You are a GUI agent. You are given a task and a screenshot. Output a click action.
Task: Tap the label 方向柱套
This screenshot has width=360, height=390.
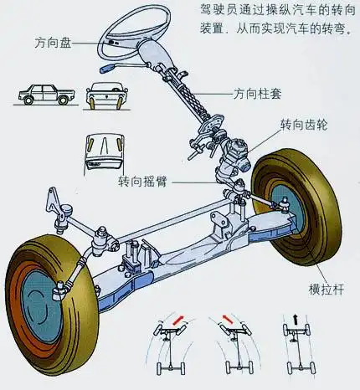257,92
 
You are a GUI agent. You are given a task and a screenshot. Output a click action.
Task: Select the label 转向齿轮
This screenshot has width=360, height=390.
304,125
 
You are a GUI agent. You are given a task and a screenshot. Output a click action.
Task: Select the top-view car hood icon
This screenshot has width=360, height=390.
104,149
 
